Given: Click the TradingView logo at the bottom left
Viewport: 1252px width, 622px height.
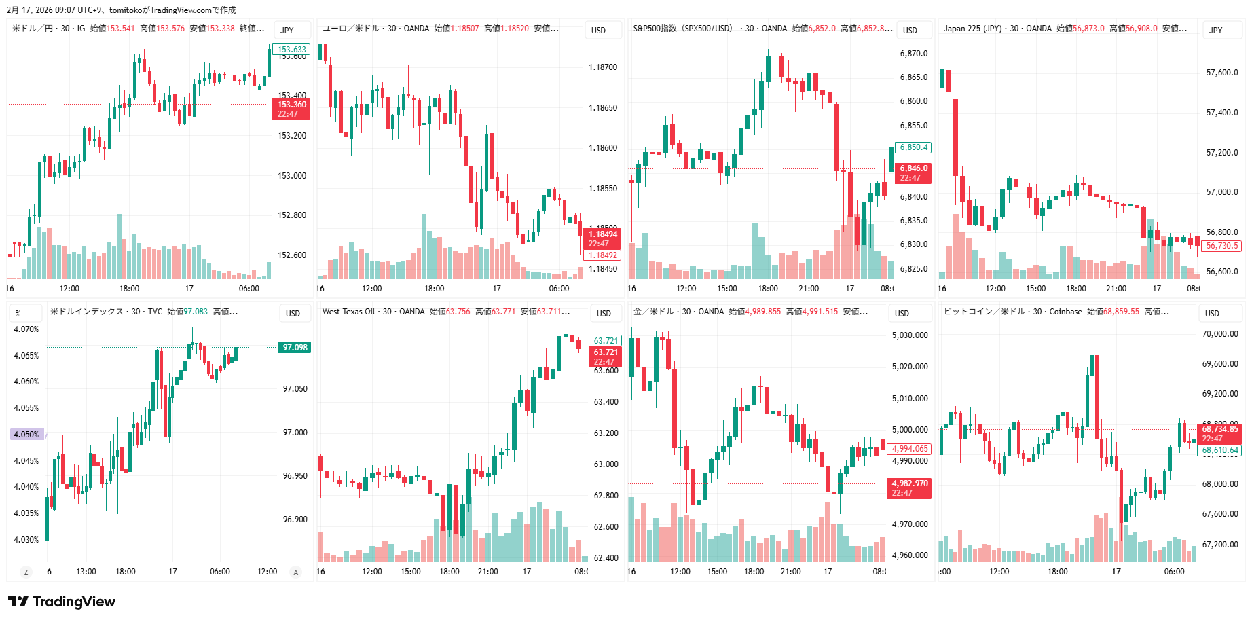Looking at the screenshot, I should [61, 602].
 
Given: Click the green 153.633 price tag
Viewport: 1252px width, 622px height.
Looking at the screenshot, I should [292, 50].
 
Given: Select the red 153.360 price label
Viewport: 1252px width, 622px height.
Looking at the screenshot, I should [292, 105].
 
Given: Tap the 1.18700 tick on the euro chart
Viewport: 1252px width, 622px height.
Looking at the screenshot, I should [603, 67].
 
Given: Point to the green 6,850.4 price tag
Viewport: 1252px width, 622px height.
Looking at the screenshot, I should [913, 147].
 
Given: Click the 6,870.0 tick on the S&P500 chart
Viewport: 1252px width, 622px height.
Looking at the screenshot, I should [913, 54].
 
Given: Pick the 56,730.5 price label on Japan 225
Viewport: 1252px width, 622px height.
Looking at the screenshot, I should [1221, 246].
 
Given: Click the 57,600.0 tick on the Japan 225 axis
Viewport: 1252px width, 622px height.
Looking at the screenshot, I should [1221, 73].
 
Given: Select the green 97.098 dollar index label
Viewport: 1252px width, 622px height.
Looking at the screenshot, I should [295, 348].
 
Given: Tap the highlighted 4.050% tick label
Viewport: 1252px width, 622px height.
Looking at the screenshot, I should [26, 435].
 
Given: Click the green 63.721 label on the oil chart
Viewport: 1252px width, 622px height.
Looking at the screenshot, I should [606, 341].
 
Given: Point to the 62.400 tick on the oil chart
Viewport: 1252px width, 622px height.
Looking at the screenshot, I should [606, 558].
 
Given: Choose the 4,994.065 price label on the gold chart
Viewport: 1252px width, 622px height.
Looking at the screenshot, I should [910, 449].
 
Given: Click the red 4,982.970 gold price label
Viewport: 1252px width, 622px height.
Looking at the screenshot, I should [910, 483].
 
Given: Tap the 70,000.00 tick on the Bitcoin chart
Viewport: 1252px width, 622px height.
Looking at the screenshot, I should [1220, 334].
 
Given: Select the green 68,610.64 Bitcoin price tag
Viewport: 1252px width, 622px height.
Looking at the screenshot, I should [1220, 450].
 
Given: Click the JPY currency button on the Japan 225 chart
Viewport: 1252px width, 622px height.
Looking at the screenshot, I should [1215, 31].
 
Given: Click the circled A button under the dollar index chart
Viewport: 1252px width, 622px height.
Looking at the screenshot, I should [295, 572].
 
